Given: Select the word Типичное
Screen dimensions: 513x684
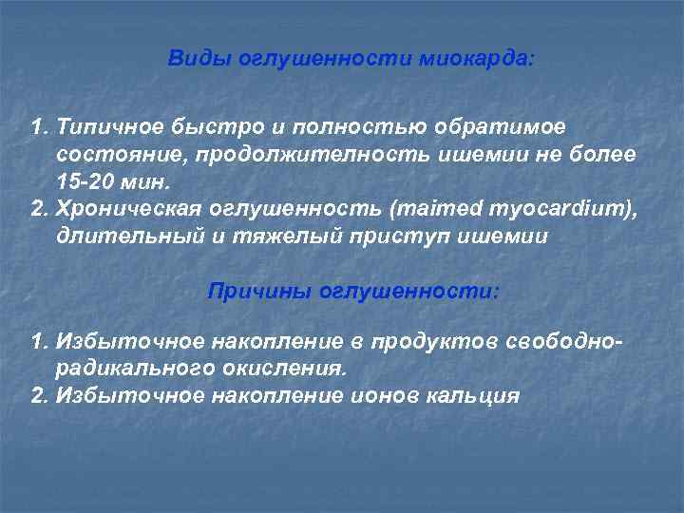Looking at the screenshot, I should (112, 126).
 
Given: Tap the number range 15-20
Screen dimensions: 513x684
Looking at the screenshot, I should (85, 181).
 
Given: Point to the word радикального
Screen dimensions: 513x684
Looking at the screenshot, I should (131, 368).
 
